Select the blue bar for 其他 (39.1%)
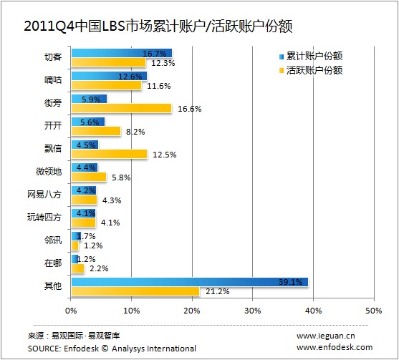pos(189,282)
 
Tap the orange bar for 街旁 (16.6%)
pos(121,108)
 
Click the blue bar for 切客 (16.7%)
pos(121,53)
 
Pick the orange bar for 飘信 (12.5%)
pos(109,154)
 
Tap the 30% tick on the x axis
pos(252,311)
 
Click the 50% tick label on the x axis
pos(373,311)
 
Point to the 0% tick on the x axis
pos(71,311)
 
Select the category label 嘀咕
pos(53,80)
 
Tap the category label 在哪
pos(53,263)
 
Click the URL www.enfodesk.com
pos(334,347)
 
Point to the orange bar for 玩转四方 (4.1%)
pos(83,223)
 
